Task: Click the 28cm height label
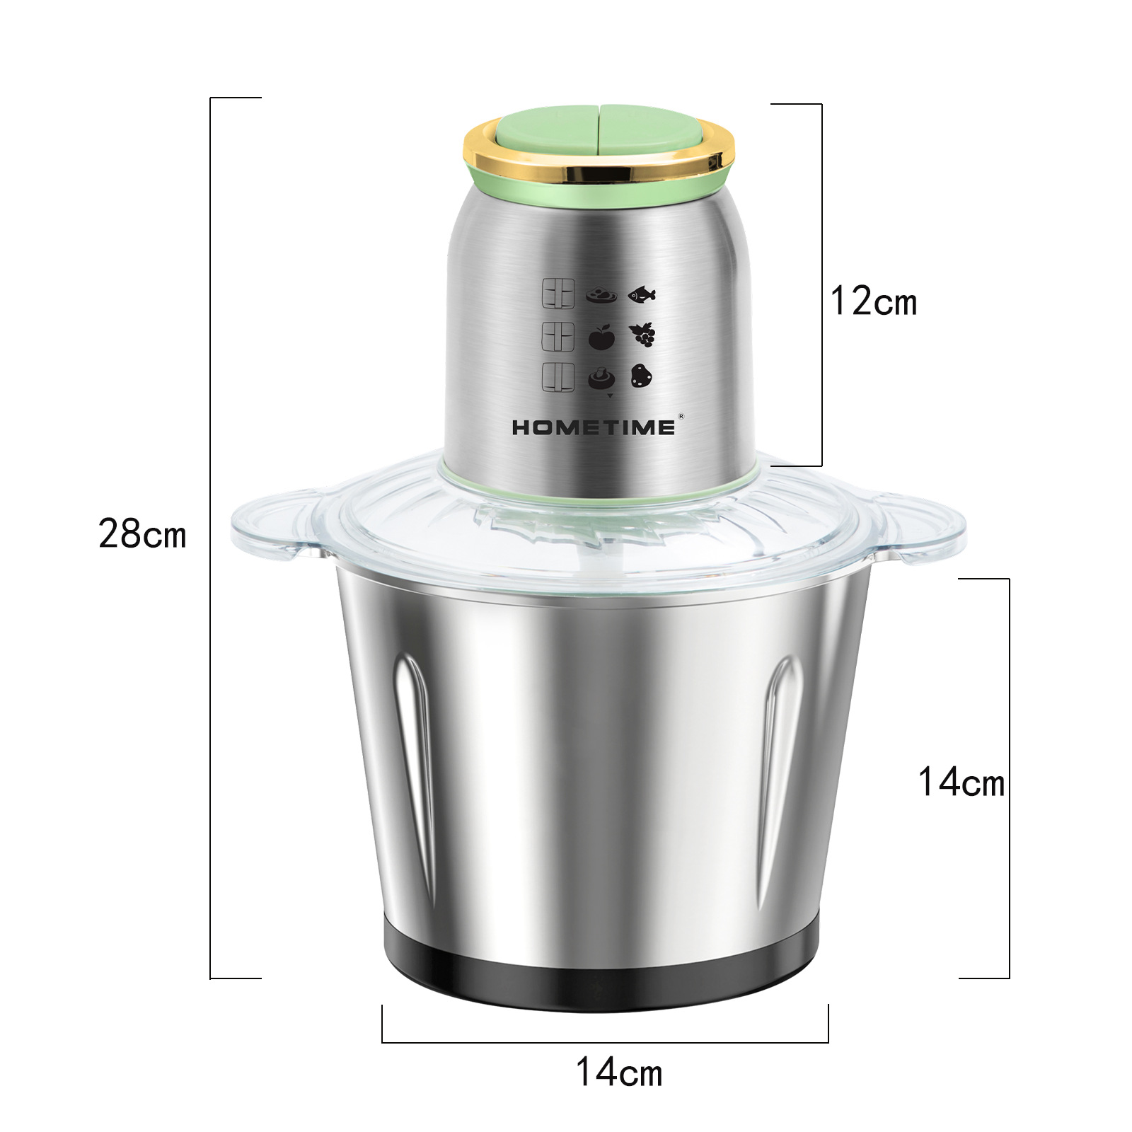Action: (x=142, y=534)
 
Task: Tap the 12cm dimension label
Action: (x=874, y=301)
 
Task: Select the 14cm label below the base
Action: (x=619, y=1072)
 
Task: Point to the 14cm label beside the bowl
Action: (x=961, y=782)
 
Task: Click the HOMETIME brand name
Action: (x=594, y=427)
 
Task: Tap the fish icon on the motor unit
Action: (x=642, y=294)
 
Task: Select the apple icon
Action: (x=601, y=337)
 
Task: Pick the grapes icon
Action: (x=642, y=335)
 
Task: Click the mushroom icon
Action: (x=601, y=378)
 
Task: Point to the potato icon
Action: (x=641, y=376)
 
